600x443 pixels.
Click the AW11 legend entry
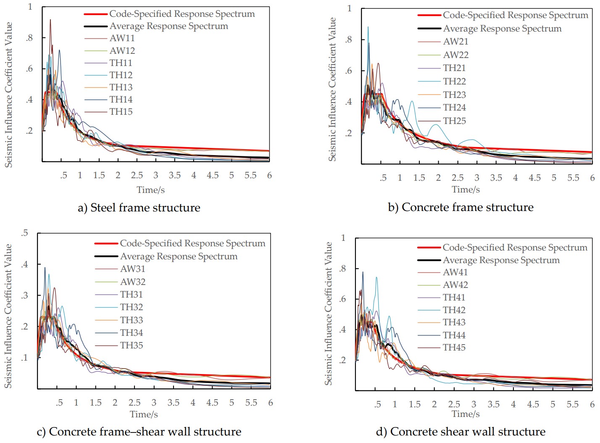122,38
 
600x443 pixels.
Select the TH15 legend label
121,112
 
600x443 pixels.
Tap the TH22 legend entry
454,82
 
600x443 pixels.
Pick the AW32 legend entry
133,282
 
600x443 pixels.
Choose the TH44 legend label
454,335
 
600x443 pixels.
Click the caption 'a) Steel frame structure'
139,208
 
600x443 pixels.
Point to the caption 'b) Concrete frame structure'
461,207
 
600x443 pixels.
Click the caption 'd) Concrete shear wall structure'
461,432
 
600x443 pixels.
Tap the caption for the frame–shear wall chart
139,432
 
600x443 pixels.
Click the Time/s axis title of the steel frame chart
150,190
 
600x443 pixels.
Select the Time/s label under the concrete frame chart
466,190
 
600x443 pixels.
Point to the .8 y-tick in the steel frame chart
29,38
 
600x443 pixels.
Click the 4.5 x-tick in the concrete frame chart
534,178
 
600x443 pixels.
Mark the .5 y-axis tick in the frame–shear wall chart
25,233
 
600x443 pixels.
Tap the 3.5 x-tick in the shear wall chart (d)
493,404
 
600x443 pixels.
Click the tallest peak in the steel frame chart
50,20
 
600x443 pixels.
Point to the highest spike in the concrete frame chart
368,27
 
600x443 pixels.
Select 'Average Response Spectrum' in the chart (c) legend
179,256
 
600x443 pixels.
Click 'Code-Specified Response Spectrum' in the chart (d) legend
515,248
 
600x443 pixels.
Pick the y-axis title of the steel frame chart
8,95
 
